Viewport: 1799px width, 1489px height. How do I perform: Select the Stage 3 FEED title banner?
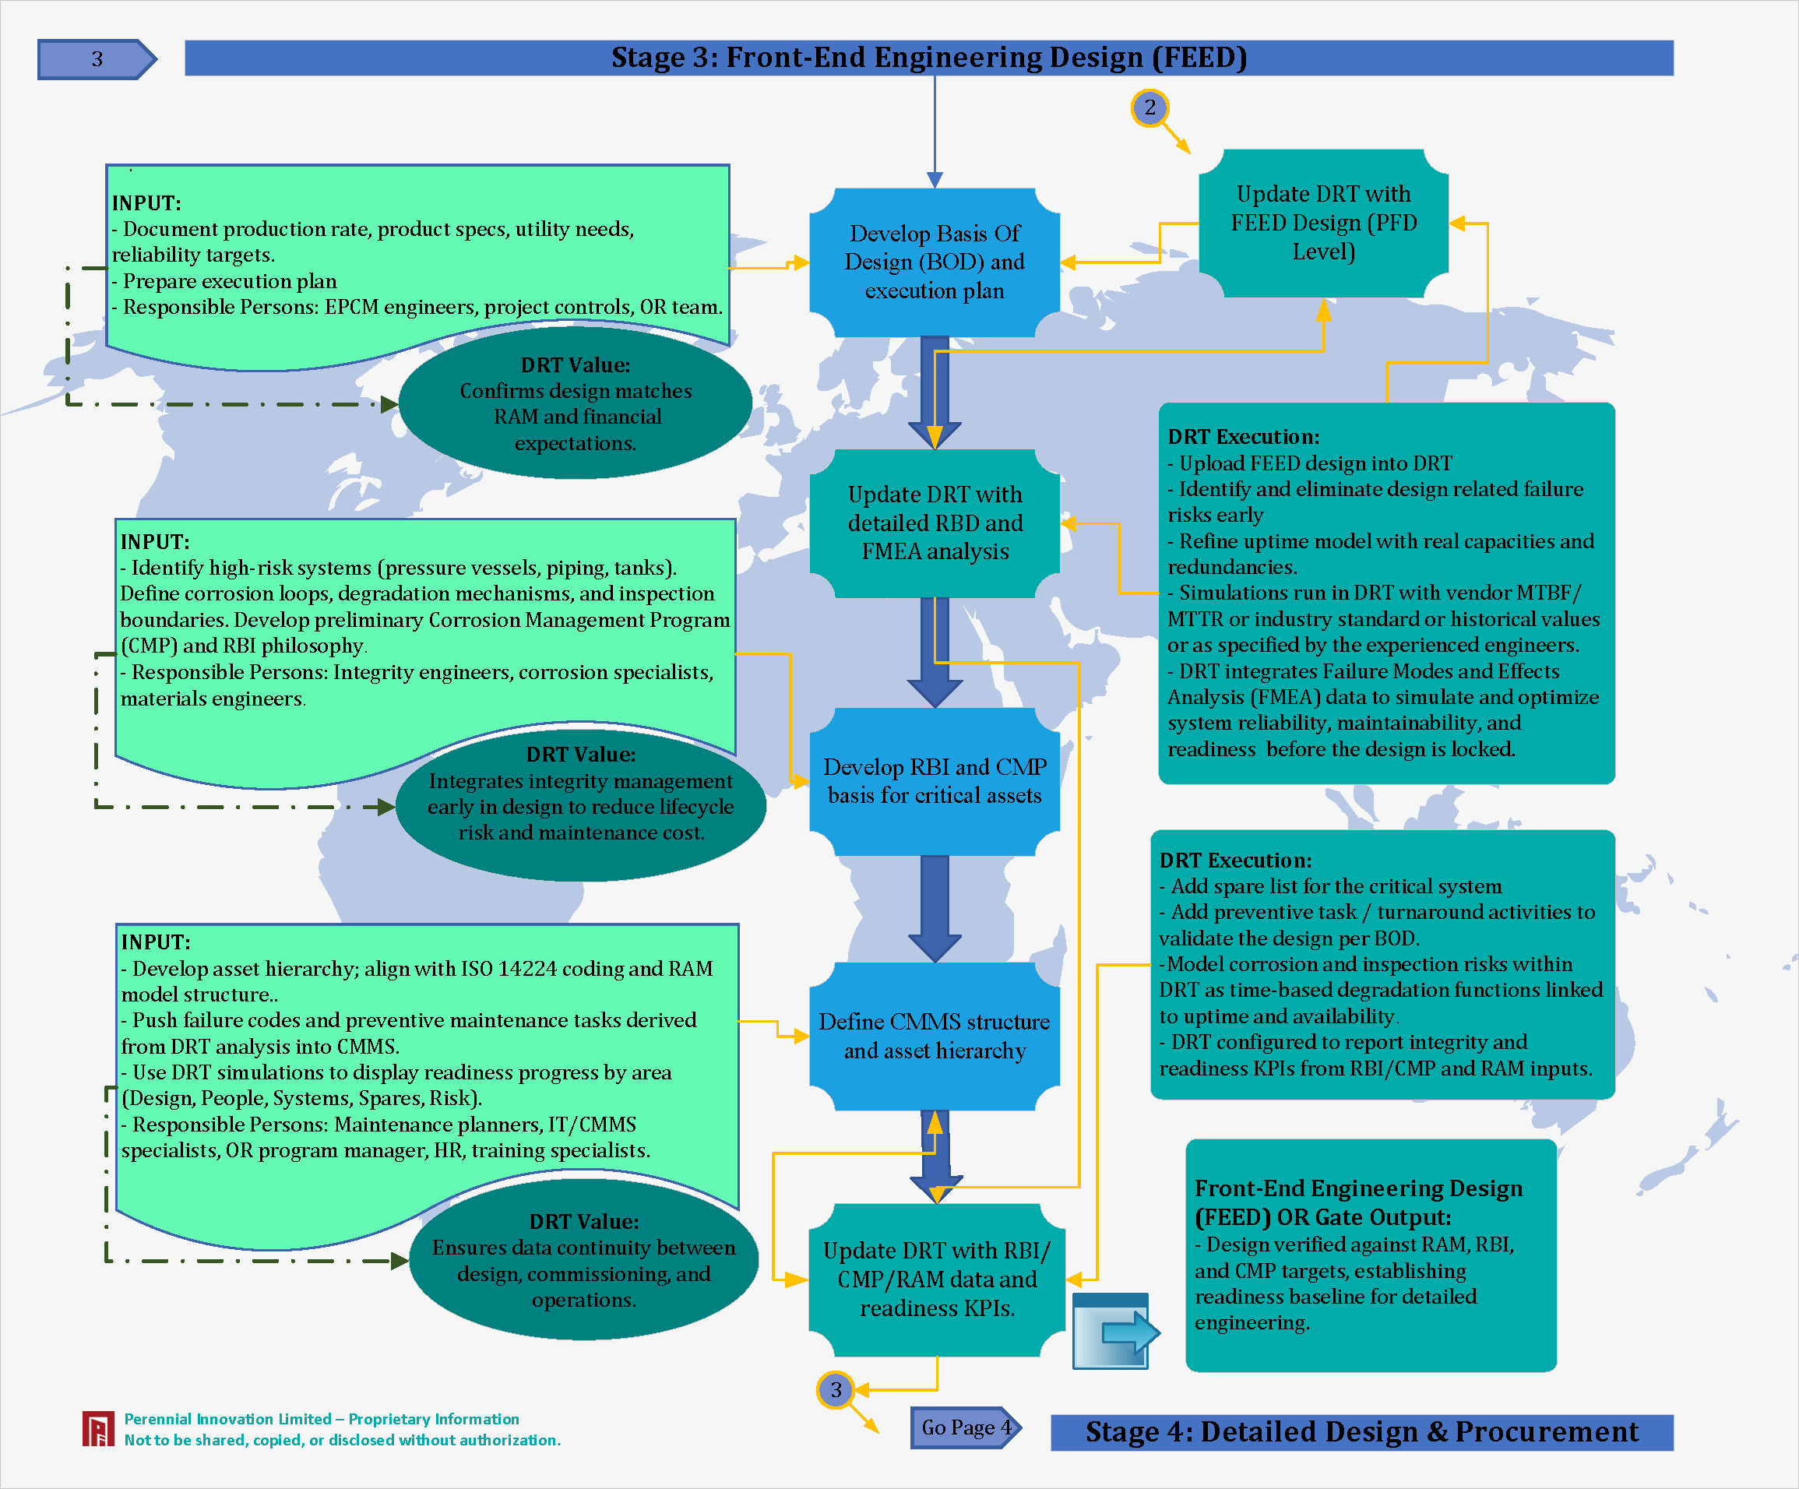tap(928, 58)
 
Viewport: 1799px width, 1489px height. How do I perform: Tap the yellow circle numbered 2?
tap(1149, 108)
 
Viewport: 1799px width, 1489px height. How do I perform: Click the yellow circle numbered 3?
tap(835, 1389)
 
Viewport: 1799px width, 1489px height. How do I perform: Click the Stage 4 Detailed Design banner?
tap(1361, 1431)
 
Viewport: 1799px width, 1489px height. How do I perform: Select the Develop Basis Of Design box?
tap(935, 262)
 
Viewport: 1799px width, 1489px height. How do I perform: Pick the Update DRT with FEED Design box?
tap(1324, 223)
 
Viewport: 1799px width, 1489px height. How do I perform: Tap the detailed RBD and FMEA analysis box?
tap(935, 523)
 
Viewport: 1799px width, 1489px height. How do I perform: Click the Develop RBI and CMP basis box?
tap(935, 780)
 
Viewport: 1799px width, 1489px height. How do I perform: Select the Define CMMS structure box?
tap(935, 1036)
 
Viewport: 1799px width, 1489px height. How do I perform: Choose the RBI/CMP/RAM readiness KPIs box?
tap(936, 1279)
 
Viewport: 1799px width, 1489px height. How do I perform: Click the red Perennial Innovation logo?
tap(97, 1429)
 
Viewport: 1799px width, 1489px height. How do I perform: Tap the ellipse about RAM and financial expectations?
tap(576, 403)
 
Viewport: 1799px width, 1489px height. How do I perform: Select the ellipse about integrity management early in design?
tap(581, 794)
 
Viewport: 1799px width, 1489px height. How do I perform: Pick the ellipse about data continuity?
tap(583, 1260)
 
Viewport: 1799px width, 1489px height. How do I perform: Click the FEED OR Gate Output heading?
tap(1358, 1202)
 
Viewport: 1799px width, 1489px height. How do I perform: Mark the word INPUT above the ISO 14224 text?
tap(156, 942)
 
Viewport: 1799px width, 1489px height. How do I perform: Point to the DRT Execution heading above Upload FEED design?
tap(1243, 437)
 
